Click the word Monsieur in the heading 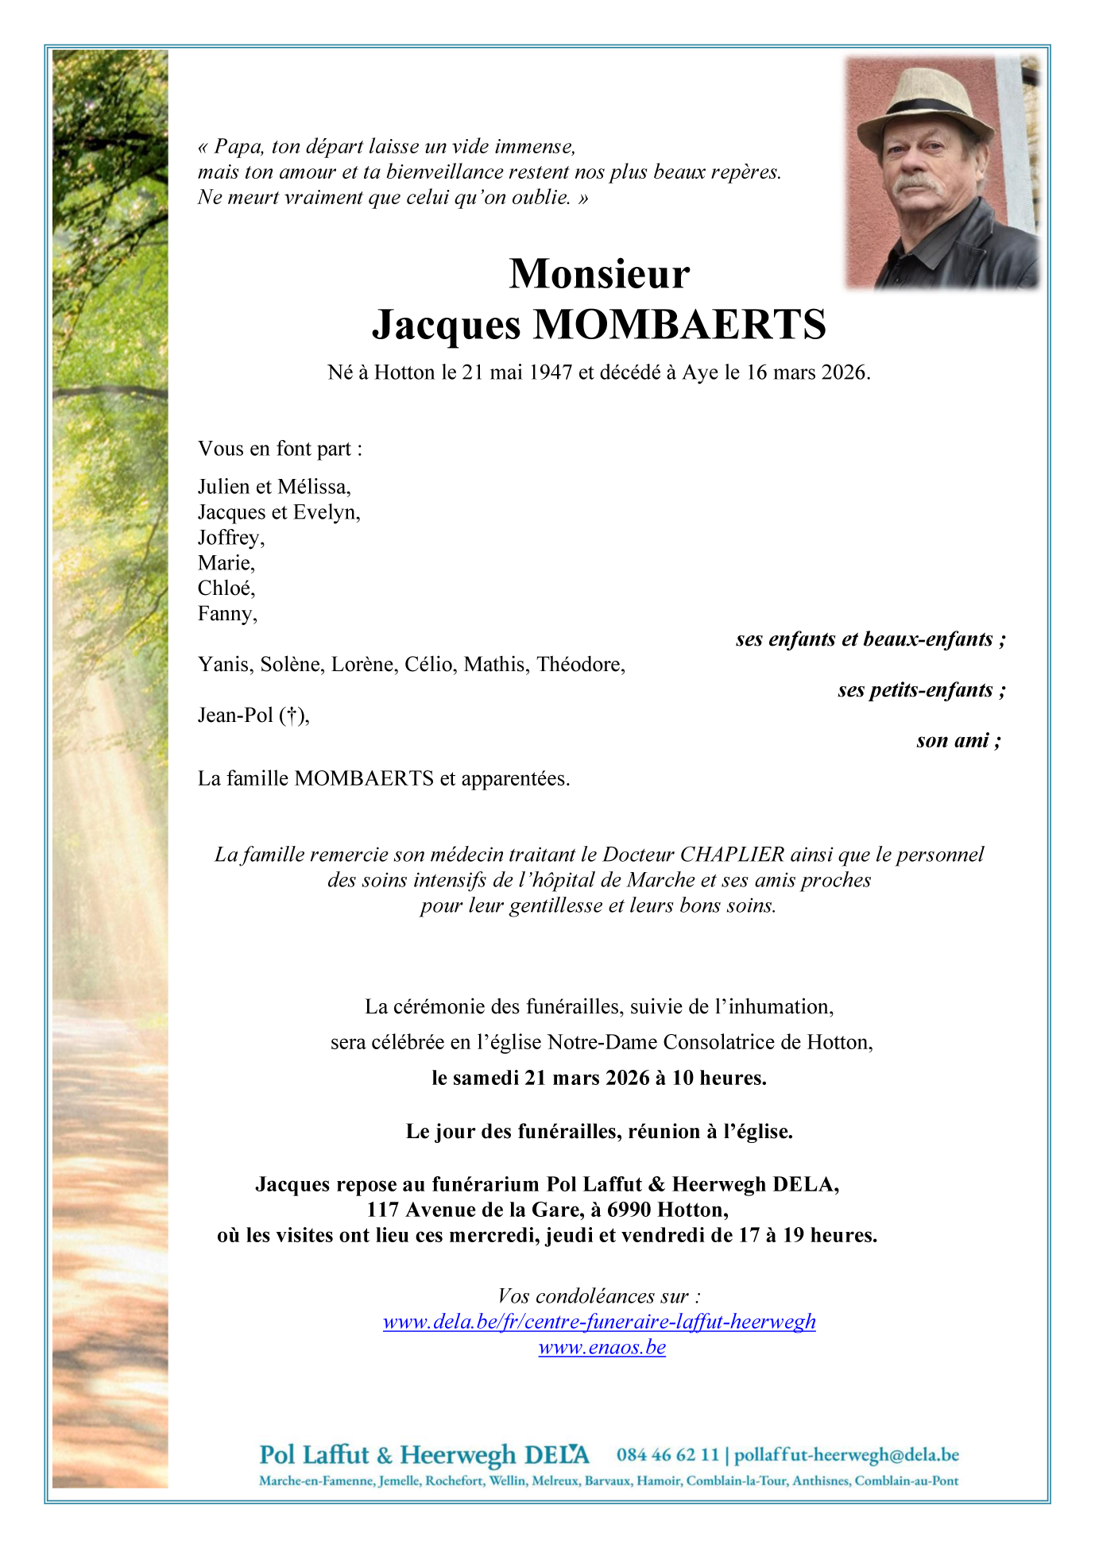point(599,274)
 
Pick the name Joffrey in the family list point(230,538)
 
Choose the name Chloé point(226,589)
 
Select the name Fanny point(226,614)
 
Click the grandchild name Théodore point(580,665)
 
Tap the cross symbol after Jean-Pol point(292,716)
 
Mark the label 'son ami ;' point(958,741)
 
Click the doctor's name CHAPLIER point(732,855)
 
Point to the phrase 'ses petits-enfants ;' point(922,690)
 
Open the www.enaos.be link point(602,1347)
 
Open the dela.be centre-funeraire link point(599,1322)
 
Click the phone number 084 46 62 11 point(667,1455)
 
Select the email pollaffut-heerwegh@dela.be point(846,1455)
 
